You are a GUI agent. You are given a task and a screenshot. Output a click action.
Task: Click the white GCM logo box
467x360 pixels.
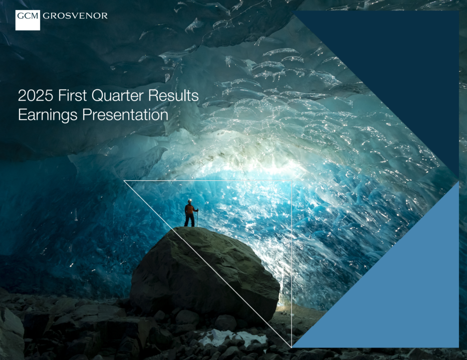point(28,20)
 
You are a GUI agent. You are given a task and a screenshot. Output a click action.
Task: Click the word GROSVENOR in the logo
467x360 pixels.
point(75,16)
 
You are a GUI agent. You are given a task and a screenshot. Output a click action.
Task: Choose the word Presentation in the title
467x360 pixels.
point(125,115)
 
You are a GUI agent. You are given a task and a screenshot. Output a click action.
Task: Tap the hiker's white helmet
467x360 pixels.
point(190,201)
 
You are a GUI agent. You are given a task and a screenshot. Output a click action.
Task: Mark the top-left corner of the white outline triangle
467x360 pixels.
point(124,181)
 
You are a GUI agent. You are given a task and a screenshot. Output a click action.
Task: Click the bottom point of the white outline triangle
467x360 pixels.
point(291,346)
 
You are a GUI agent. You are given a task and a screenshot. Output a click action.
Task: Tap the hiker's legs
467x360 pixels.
point(189,221)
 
